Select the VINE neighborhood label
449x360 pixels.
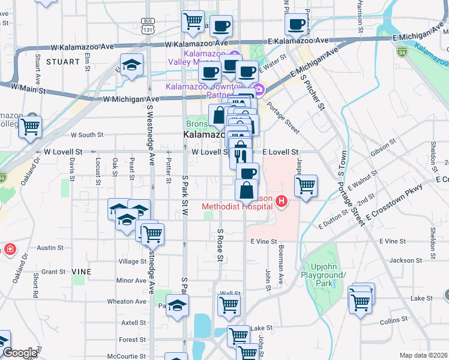[82, 272]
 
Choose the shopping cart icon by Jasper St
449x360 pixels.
[306, 185]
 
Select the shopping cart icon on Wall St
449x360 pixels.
[229, 305]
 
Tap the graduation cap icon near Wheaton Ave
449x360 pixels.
[177, 306]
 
